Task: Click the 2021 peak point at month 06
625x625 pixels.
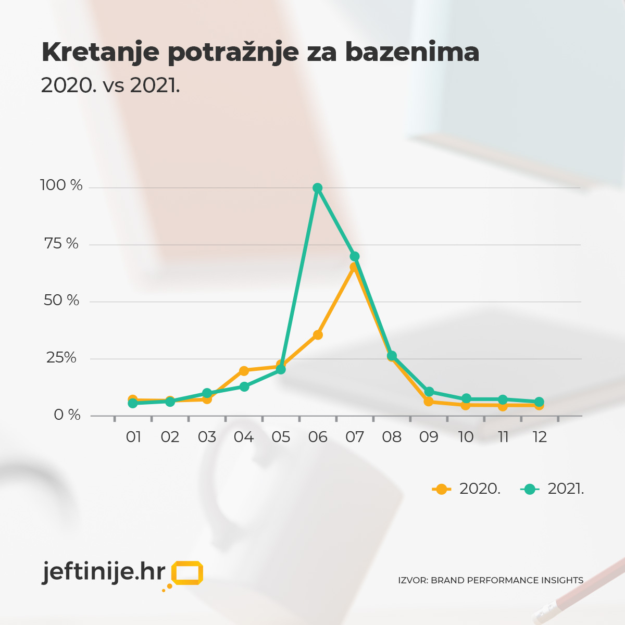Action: pos(317,188)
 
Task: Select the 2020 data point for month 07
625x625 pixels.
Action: pos(354,267)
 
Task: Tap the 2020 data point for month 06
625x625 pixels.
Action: pos(318,335)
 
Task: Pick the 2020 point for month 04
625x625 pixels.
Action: pos(244,371)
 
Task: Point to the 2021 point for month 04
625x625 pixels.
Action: pos(244,386)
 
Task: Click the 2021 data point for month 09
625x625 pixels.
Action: pos(429,392)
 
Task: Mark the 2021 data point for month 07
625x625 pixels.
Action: pos(355,256)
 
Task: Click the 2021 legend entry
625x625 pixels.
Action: pos(553,489)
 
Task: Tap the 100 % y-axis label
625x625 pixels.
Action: pos(61,185)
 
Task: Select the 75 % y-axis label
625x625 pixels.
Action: pos(61,243)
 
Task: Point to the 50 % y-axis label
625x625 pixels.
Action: pos(61,301)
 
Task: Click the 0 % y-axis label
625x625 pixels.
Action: pos(67,415)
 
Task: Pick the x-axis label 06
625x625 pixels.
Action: pos(318,437)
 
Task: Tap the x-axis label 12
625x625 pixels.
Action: pos(540,437)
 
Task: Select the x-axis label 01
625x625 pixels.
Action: pos(133,437)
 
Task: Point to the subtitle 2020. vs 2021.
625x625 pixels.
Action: pos(110,85)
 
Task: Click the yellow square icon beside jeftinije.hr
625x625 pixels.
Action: pos(187,573)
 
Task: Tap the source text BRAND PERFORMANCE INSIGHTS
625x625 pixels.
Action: pos(507,580)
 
